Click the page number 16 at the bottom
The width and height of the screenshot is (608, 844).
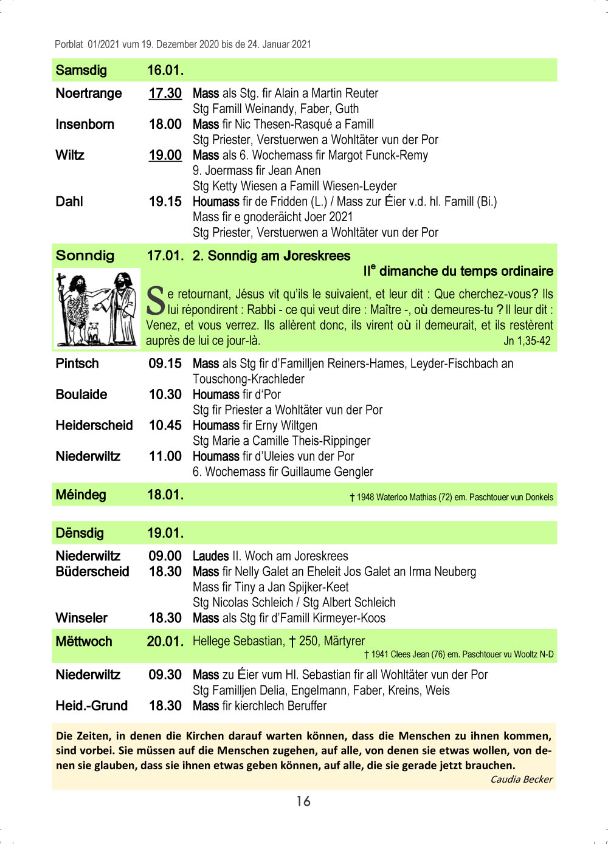pyautogui.click(x=303, y=801)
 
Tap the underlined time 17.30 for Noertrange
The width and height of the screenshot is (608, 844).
pyautogui.click(x=165, y=94)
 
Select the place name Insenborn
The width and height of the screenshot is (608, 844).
pyautogui.click(x=85, y=125)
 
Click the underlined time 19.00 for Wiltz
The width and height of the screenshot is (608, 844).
pyautogui.click(x=165, y=156)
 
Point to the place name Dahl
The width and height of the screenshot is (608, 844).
pyautogui.click(x=69, y=202)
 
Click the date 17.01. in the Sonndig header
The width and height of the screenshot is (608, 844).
pyautogui.click(x=165, y=256)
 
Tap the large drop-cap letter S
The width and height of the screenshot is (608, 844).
pyautogui.click(x=156, y=301)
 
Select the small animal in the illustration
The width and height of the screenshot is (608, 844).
pyautogui.click(x=93, y=333)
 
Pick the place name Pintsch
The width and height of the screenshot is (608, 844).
pyautogui.click(x=77, y=364)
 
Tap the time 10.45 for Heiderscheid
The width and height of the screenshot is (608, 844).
pyautogui.click(x=165, y=426)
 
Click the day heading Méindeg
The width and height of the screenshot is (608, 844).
pyautogui.click(x=81, y=495)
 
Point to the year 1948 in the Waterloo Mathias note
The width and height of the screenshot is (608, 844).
pyautogui.click(x=365, y=498)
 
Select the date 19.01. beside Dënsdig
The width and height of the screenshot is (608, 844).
pyautogui.click(x=165, y=534)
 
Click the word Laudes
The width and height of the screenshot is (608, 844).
pyautogui.click(x=210, y=557)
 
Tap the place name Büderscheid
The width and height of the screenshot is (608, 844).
pyautogui.click(x=92, y=572)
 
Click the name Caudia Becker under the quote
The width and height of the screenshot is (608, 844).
pyautogui.click(x=521, y=780)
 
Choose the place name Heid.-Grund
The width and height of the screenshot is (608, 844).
pyautogui.click(x=91, y=706)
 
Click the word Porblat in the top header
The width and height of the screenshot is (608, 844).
pyautogui.click(x=69, y=44)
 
